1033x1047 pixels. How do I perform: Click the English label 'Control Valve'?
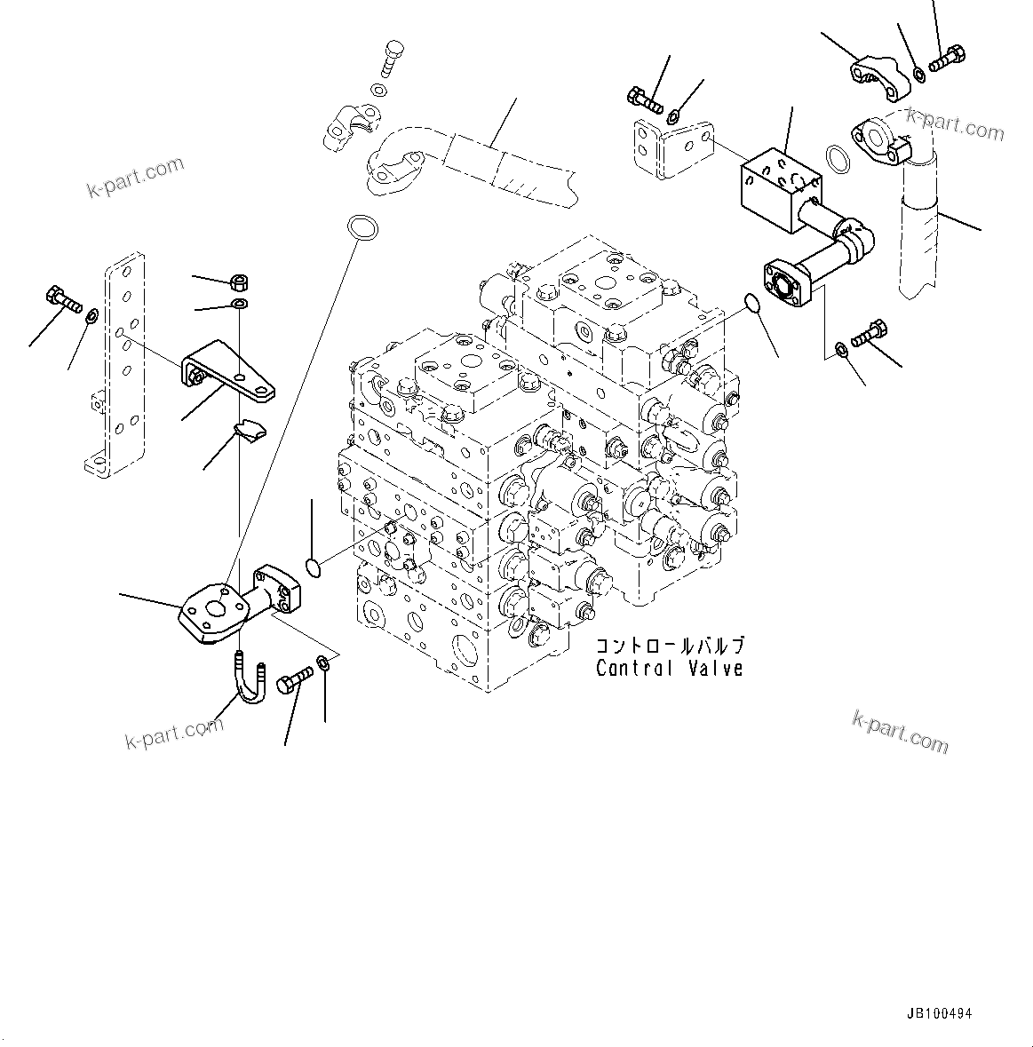coord(669,669)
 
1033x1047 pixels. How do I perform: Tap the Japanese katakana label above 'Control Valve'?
coord(669,646)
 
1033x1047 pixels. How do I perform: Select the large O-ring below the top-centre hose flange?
coord(361,227)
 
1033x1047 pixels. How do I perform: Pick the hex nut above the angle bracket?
coord(238,283)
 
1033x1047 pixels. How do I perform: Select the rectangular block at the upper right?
coord(782,182)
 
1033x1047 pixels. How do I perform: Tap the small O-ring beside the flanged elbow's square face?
coord(312,567)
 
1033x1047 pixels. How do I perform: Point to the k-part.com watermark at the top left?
coord(135,177)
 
